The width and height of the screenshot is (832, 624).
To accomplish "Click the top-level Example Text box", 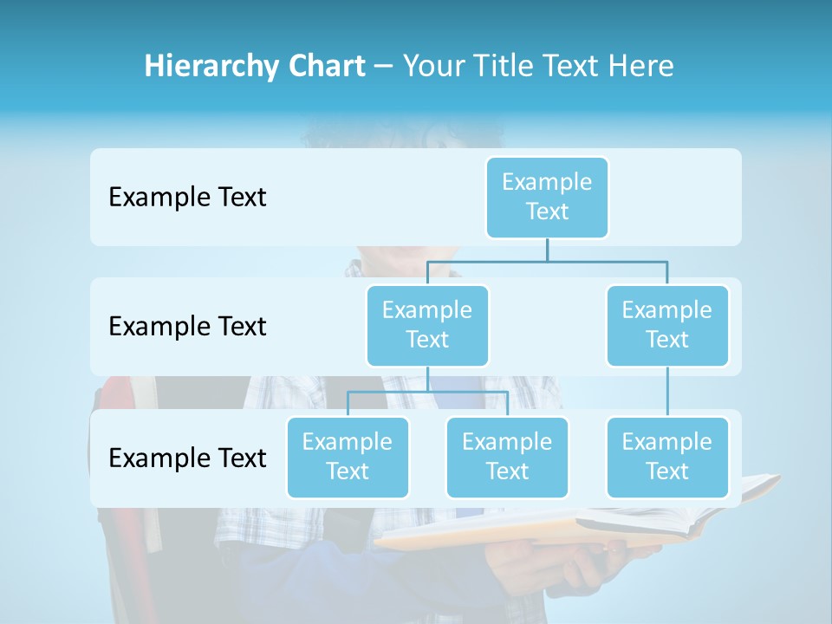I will click(x=547, y=197).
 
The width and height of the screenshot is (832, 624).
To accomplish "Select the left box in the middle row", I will click(x=427, y=325).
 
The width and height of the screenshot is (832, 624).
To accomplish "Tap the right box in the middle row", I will click(x=667, y=325).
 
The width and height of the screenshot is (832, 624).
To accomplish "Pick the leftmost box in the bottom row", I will click(x=348, y=457).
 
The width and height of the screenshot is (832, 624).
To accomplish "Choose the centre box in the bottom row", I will click(x=507, y=457).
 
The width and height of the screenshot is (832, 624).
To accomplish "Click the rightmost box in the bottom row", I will click(x=667, y=457).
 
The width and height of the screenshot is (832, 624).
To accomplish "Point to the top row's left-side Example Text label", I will click(x=187, y=198).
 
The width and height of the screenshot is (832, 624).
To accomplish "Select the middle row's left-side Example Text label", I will click(x=187, y=327).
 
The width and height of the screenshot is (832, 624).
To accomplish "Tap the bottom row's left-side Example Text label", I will click(x=187, y=458).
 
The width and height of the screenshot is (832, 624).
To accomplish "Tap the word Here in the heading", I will click(x=640, y=66).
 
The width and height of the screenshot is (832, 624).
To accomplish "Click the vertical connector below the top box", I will click(x=547, y=250).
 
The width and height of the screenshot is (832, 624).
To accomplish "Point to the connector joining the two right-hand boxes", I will click(x=667, y=392).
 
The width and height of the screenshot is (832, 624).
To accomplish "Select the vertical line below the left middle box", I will click(x=427, y=379).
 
